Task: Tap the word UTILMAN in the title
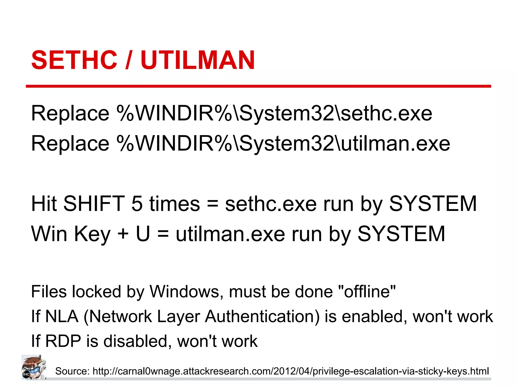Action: (198, 60)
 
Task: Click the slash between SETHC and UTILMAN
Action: (128, 60)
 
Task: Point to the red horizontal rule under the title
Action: (258, 86)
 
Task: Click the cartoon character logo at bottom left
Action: (34, 367)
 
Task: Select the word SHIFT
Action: (94, 204)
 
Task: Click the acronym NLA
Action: (62, 317)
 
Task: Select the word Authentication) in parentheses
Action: (262, 317)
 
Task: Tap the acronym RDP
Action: (63, 341)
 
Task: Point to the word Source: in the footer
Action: (72, 371)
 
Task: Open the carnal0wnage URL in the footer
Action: (291, 371)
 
